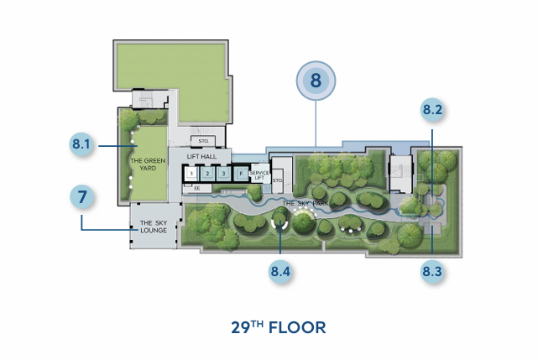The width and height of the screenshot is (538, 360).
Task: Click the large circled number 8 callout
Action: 316,82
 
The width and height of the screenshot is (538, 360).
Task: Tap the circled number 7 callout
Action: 81,198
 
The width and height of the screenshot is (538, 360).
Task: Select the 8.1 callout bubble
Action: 81,144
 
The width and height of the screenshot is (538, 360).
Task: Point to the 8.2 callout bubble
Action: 432,110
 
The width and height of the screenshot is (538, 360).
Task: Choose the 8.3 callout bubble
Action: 432,272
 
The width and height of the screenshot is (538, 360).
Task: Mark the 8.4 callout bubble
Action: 279,272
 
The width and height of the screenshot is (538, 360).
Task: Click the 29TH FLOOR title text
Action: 278,327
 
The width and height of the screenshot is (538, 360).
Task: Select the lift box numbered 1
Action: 192,174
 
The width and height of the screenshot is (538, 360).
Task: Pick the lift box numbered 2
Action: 209,174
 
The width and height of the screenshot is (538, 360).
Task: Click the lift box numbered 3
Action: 224,174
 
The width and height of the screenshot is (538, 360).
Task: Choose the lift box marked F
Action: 241,174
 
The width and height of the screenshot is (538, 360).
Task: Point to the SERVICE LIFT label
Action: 259,175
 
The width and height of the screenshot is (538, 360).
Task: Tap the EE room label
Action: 197,189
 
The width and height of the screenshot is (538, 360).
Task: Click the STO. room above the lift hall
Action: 203,140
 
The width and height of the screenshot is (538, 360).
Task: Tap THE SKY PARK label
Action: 300,204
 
